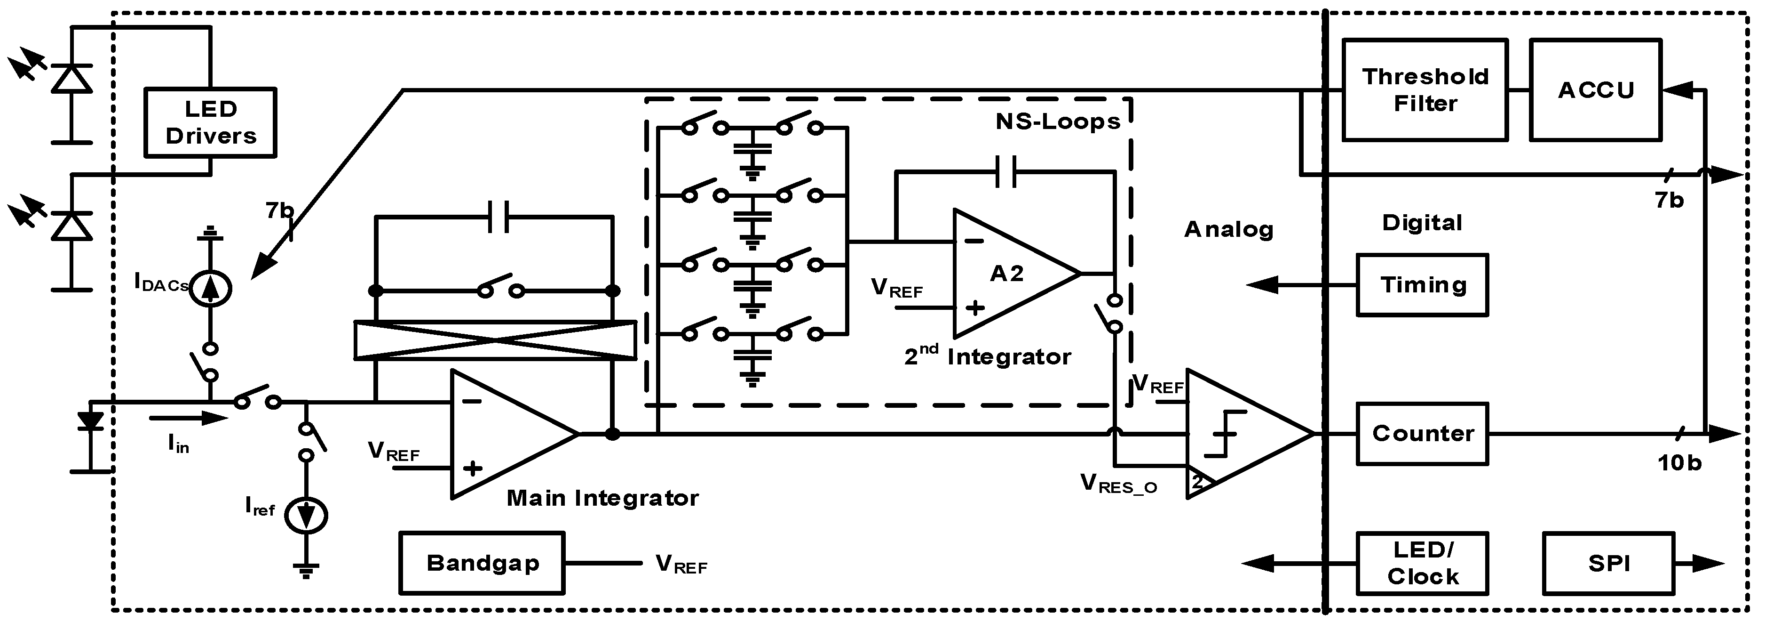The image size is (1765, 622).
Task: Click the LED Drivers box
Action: (x=210, y=123)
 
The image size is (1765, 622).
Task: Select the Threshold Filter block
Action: (x=1425, y=90)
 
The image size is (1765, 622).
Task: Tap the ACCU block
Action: (x=1596, y=90)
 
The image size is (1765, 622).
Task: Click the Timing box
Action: (x=1423, y=284)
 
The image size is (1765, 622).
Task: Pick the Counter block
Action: (x=1423, y=433)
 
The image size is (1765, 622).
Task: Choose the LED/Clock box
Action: (x=1423, y=563)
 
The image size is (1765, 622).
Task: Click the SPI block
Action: (x=1609, y=563)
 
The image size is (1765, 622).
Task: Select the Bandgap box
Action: (x=483, y=563)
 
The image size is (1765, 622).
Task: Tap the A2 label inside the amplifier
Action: (x=1006, y=274)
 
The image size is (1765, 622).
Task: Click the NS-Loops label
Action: (x=1057, y=121)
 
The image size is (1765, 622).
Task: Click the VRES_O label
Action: (x=1119, y=484)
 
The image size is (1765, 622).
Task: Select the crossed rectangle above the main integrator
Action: (x=495, y=339)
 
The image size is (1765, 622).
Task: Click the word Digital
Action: (x=1422, y=222)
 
